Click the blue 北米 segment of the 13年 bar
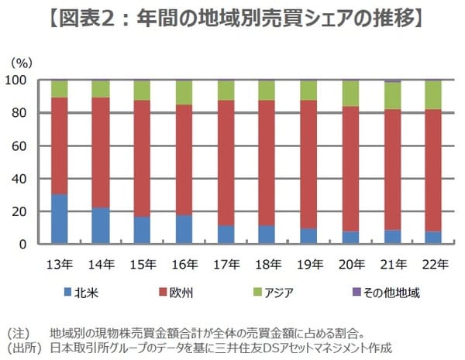(x=58, y=219)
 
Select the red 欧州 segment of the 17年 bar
(x=226, y=163)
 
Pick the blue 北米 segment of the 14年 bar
(x=100, y=225)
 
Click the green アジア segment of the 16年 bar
(x=184, y=93)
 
